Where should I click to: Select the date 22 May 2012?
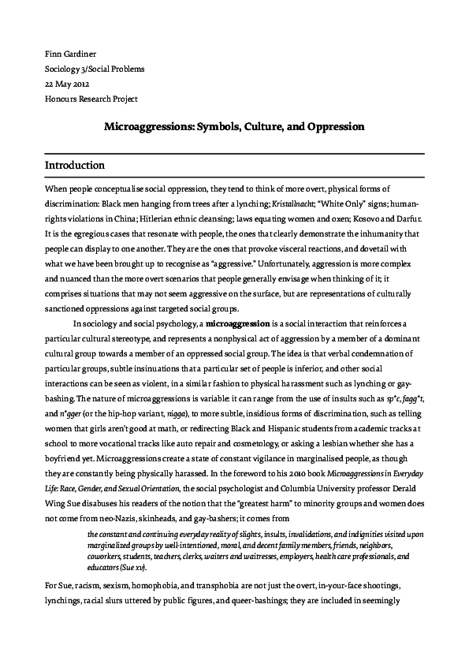69,84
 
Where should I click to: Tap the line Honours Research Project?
91,99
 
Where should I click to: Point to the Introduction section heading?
75,166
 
